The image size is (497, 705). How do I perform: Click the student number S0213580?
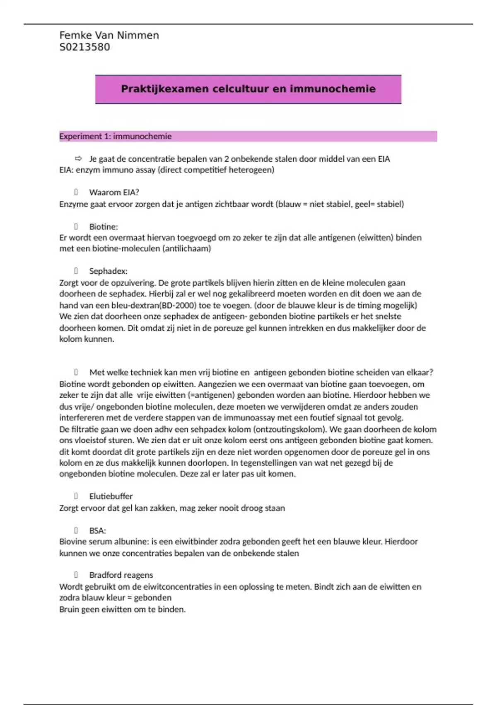coord(85,47)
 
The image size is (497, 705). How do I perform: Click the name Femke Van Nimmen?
coord(109,35)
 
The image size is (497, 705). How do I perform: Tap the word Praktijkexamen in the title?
coord(164,89)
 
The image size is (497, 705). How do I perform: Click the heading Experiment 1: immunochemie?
coord(115,136)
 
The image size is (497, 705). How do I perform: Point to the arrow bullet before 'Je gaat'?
coord(78,158)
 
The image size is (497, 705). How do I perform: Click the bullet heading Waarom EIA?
coord(114,192)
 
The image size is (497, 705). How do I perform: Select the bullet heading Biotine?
coord(104,227)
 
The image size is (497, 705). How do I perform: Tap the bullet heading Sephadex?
coord(108,271)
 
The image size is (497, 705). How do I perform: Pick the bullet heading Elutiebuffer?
coord(111,496)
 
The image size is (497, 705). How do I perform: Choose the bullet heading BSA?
coord(97,531)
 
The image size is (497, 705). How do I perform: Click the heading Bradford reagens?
coord(121,575)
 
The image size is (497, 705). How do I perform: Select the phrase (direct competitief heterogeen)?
coord(216,170)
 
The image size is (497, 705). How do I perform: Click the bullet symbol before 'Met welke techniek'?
coord(76,372)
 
